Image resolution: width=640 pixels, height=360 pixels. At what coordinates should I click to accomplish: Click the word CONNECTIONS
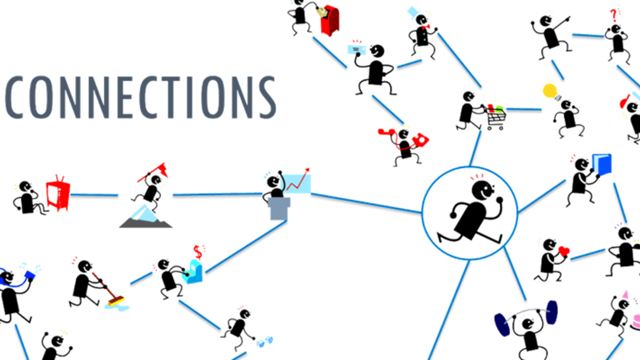(x=140, y=97)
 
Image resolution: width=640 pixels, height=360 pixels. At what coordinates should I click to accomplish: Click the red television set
(x=57, y=192)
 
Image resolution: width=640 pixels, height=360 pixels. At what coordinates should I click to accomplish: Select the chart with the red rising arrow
(x=299, y=181)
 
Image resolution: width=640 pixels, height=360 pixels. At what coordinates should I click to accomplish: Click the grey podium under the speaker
(x=278, y=209)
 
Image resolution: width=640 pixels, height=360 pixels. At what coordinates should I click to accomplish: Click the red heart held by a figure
(x=563, y=250)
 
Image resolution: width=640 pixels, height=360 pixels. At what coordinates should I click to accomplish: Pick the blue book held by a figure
(x=601, y=163)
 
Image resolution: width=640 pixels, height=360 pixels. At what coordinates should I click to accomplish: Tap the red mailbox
(x=330, y=20)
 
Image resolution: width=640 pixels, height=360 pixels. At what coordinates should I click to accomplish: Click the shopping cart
(x=492, y=116)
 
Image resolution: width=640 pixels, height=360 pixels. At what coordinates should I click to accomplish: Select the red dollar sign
(x=199, y=249)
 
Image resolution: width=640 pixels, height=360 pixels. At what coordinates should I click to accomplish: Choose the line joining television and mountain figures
(x=95, y=194)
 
